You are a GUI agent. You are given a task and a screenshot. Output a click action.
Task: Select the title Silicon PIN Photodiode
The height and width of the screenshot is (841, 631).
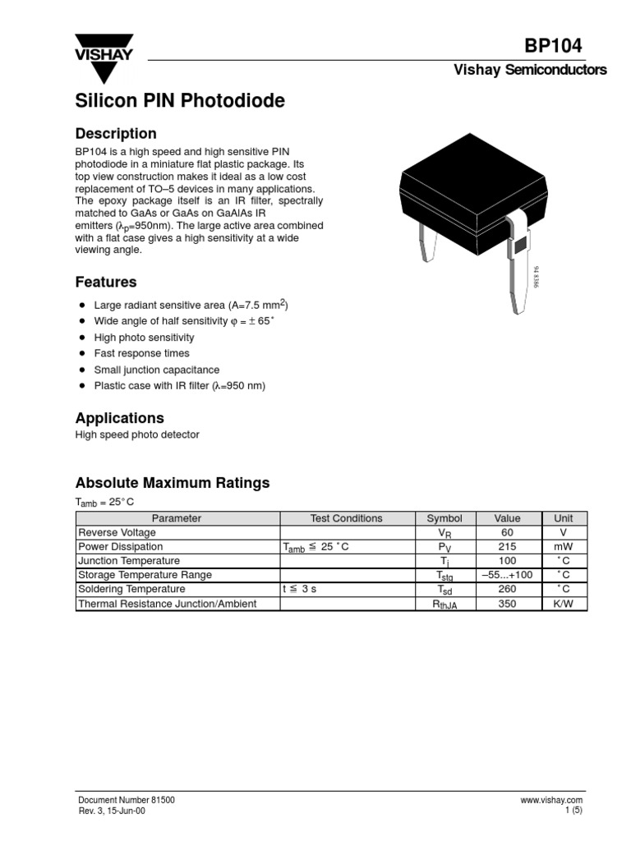(x=180, y=101)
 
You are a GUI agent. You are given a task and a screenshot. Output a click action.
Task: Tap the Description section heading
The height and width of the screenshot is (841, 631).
(x=116, y=133)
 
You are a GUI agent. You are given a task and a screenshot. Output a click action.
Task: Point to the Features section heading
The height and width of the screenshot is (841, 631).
(x=106, y=282)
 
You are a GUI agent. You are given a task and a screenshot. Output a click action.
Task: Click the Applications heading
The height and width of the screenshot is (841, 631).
(x=120, y=417)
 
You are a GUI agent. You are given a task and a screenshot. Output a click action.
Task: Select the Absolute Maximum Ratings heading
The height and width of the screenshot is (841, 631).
(x=173, y=483)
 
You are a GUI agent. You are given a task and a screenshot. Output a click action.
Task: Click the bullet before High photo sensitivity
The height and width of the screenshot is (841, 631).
(x=82, y=338)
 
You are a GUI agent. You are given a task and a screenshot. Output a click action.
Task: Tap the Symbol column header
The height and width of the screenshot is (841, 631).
(x=444, y=518)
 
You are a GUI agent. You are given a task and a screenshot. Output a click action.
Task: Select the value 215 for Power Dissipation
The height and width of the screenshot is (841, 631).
(x=507, y=546)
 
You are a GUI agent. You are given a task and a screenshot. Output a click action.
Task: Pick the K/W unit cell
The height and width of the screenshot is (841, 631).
(x=563, y=604)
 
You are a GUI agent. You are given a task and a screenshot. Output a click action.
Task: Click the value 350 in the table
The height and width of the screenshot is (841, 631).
(x=507, y=604)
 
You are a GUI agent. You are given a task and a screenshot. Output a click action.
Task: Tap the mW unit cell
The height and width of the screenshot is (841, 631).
(x=563, y=546)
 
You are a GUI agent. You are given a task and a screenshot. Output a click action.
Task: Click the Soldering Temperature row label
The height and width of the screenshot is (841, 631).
(x=131, y=589)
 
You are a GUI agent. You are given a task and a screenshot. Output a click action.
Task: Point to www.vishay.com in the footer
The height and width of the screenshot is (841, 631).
(x=551, y=800)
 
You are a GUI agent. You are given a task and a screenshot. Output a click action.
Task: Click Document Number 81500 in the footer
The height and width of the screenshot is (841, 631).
(x=126, y=800)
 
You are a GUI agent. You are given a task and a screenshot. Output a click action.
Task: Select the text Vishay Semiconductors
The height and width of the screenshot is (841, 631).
(x=530, y=70)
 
